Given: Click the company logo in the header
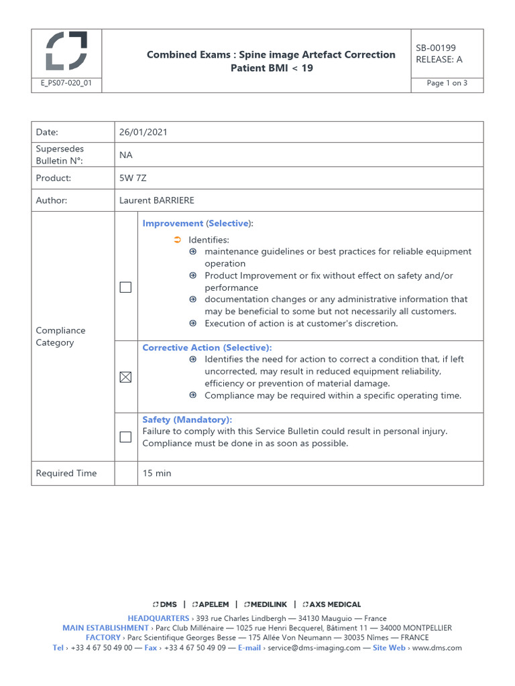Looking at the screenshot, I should pyautogui.click(x=66, y=51).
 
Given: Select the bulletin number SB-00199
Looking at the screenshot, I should pyautogui.click(x=436, y=48).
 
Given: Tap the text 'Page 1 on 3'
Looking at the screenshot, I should pyautogui.click(x=447, y=84).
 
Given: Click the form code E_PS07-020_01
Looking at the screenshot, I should pyautogui.click(x=66, y=84).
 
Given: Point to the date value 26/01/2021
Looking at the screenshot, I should pyautogui.click(x=144, y=132).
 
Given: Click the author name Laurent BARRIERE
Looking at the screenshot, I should pyautogui.click(x=156, y=200).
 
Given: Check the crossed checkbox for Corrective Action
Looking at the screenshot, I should pyautogui.click(x=125, y=377).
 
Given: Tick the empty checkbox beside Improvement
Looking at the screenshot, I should pyautogui.click(x=125, y=287).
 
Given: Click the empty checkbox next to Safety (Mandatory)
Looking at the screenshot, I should pyautogui.click(x=125, y=437).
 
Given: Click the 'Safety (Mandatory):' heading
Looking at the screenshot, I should pyautogui.click(x=187, y=419).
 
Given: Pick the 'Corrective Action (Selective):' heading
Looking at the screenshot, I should pyautogui.click(x=207, y=348).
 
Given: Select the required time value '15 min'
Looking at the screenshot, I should pyautogui.click(x=157, y=473).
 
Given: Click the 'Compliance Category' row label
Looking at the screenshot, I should pyautogui.click(x=60, y=336).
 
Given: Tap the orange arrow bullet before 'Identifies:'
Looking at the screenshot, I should pyautogui.click(x=177, y=240).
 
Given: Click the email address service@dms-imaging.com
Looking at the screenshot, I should pyautogui.click(x=314, y=648).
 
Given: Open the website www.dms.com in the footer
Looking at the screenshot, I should pyautogui.click(x=437, y=648).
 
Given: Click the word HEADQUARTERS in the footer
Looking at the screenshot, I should pyautogui.click(x=158, y=618).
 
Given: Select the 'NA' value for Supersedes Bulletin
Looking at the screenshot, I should pyautogui.click(x=126, y=155).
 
